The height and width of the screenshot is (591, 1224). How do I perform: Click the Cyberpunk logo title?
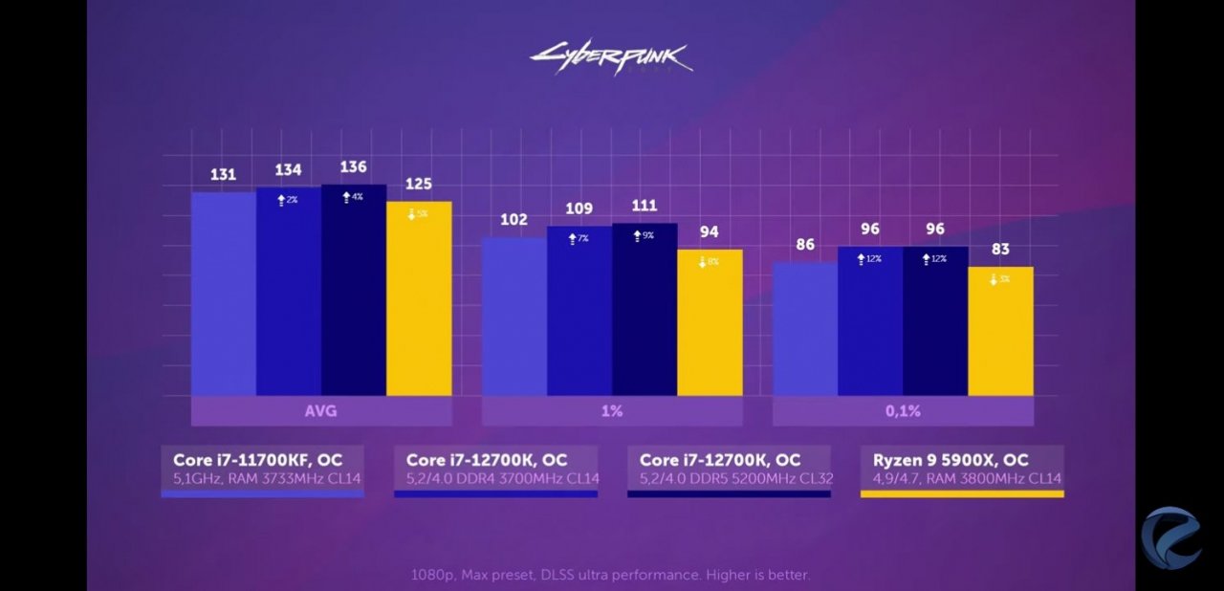coord(611,58)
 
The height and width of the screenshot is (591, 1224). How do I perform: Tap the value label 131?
coord(223,175)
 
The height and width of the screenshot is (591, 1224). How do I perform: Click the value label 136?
coord(353,167)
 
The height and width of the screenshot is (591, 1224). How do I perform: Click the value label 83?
coord(1000,250)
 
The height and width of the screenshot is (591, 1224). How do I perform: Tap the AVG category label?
coord(321,411)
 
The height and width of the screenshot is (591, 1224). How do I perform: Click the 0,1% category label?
coord(903,411)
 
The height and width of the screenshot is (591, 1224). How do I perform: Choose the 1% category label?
coord(612,411)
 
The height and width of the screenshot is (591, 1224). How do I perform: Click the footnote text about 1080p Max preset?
coord(611,575)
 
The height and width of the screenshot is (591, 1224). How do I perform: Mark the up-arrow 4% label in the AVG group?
coord(353,197)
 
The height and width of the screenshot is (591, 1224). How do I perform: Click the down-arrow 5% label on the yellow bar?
coord(418,214)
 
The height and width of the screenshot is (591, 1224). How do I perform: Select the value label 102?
coord(514,220)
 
